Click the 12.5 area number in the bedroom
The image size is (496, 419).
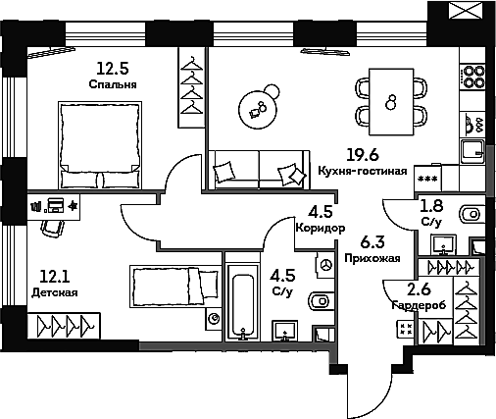pos(113,69)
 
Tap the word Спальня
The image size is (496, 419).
pos(113,84)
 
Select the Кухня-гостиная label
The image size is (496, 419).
pos(363,171)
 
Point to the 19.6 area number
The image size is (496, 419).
pos(363,155)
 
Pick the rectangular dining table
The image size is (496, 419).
pos(391,101)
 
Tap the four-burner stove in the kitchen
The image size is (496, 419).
pos(472,77)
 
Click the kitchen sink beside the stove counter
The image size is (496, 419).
pos(472,152)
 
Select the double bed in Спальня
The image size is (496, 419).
pos(100,145)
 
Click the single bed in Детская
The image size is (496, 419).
pos(174,287)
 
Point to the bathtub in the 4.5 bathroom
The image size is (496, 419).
pos(242,302)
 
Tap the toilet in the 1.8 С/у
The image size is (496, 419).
pos(471,215)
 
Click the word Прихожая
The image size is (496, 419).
pos(372,258)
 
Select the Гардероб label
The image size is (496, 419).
pos(419,305)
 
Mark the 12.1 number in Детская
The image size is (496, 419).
pos(55,277)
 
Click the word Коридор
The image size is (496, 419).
pos(321,228)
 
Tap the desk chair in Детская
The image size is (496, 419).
pos(52,228)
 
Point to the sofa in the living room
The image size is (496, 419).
pos(259,170)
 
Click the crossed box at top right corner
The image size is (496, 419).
pos(466,11)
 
